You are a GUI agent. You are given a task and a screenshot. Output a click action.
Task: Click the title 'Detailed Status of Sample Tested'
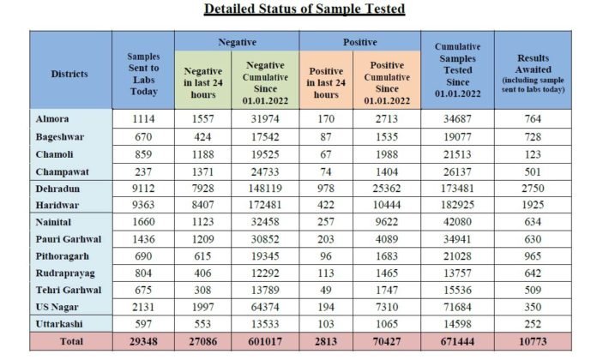pyautogui.click(x=305, y=9)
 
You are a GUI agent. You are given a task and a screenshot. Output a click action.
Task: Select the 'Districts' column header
pyautogui.click(x=69, y=74)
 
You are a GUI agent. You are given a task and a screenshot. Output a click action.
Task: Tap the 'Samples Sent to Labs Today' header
pyautogui.click(x=143, y=74)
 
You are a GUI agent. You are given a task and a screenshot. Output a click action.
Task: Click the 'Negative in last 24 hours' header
pyautogui.click(x=203, y=82)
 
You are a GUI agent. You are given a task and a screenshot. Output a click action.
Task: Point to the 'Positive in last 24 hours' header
pyautogui.click(x=326, y=82)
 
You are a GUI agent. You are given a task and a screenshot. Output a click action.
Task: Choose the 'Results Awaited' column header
pyautogui.click(x=533, y=64)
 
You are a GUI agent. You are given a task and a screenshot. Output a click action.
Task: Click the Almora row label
pyautogui.click(x=52, y=119)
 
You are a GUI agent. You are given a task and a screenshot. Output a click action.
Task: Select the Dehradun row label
pyautogui.click(x=57, y=189)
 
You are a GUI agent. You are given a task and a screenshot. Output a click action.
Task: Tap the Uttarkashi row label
pyautogui.click(x=59, y=324)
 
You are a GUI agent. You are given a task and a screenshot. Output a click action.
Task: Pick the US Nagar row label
pyautogui.click(x=57, y=307)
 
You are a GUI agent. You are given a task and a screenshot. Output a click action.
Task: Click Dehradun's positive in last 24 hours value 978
pyautogui.click(x=326, y=189)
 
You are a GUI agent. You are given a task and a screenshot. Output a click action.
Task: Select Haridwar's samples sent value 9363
pyautogui.click(x=143, y=205)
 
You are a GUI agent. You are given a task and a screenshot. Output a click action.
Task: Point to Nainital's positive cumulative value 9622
pyautogui.click(x=387, y=222)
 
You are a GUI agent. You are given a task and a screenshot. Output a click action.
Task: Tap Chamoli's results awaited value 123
pyautogui.click(x=533, y=154)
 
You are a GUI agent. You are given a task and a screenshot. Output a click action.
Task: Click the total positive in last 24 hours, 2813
pyautogui.click(x=326, y=341)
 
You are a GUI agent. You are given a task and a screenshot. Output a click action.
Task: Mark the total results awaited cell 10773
pyautogui.click(x=533, y=341)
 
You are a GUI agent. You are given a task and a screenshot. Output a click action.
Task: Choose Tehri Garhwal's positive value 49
pyautogui.click(x=326, y=291)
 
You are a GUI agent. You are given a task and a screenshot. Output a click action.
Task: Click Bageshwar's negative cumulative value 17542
pyautogui.click(x=265, y=137)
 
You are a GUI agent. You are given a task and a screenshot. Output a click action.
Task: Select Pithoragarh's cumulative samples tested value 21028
pyautogui.click(x=457, y=256)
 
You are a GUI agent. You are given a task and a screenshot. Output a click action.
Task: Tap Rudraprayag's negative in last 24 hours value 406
pyautogui.click(x=202, y=273)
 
